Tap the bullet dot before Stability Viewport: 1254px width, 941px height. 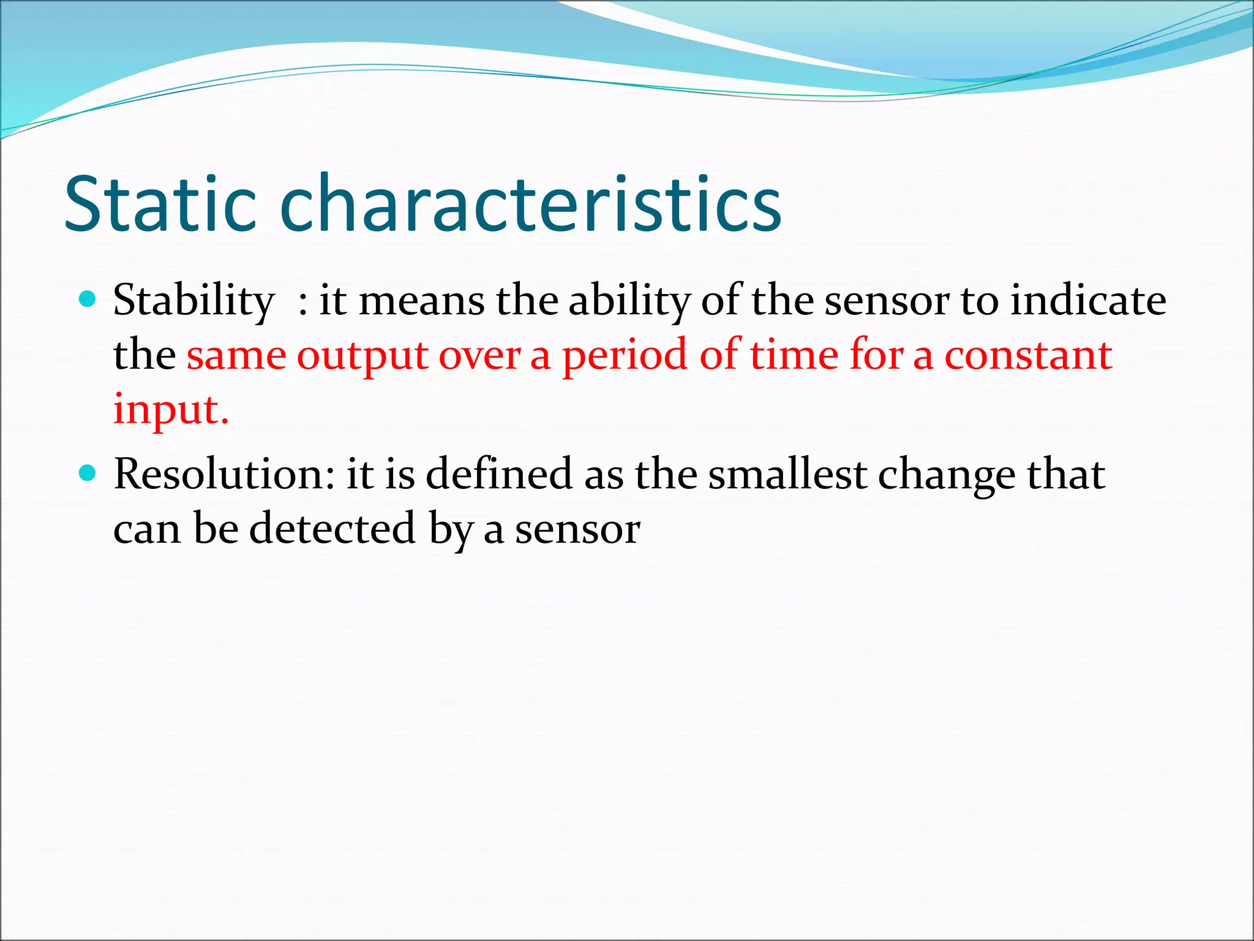88,300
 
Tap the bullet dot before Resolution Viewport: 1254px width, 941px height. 88,474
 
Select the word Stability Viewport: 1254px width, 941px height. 193,302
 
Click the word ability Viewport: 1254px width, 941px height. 629,302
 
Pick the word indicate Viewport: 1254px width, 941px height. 1087,301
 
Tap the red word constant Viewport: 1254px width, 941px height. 1028,355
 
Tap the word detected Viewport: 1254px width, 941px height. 332,529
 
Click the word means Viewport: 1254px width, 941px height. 422,302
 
